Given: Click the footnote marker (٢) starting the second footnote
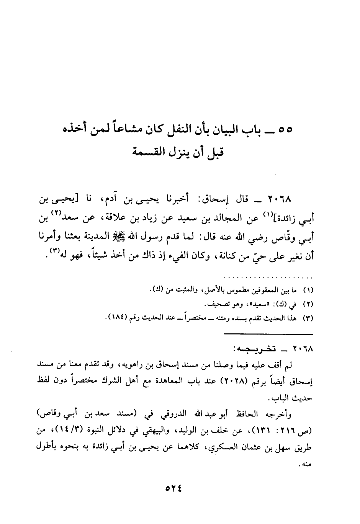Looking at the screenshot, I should (x=308, y=305).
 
